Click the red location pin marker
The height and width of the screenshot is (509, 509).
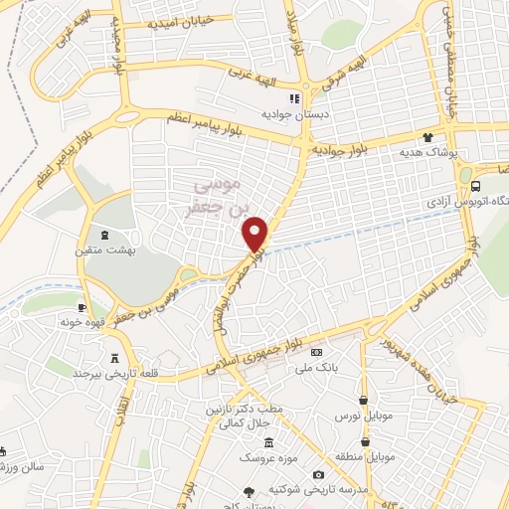256,234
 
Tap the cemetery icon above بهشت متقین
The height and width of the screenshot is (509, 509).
107,235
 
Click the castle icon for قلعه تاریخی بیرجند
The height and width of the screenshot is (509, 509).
119,356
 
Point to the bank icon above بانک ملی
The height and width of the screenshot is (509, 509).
317,352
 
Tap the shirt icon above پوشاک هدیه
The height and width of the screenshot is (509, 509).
427,138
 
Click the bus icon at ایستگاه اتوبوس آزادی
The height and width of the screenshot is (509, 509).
476,186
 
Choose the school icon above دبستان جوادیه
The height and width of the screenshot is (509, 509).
293,98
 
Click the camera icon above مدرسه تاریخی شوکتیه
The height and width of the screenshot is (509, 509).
318,475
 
